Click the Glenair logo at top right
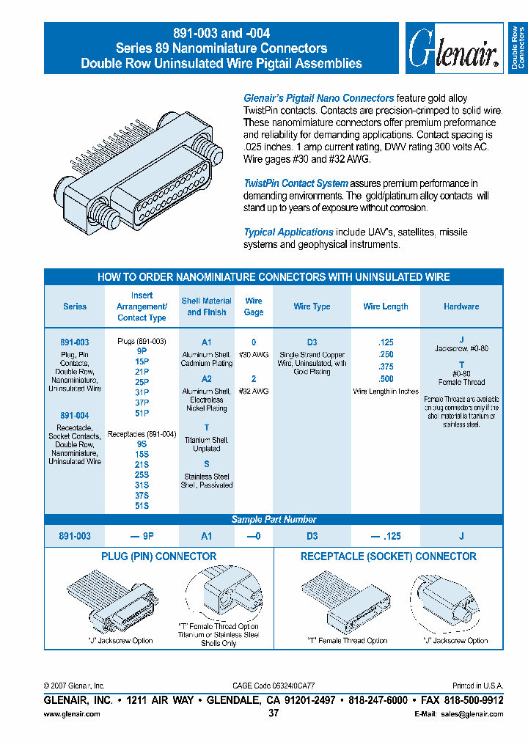pyautogui.click(x=455, y=48)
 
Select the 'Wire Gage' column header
pyautogui.click(x=254, y=306)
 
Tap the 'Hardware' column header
pyautogui.click(x=461, y=306)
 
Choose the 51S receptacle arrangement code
pyautogui.click(x=142, y=506)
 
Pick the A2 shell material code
pyautogui.click(x=207, y=379)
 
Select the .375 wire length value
pyautogui.click(x=386, y=367)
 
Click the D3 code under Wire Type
pyautogui.click(x=312, y=342)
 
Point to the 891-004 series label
pyautogui.click(x=75, y=416)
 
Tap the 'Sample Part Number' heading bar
pyautogui.click(x=274, y=519)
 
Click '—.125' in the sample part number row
pyautogui.click(x=385, y=536)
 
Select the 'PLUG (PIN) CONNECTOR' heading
pyautogui.click(x=158, y=556)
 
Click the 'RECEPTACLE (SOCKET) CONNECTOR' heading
pyautogui.click(x=388, y=556)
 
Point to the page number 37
pyautogui.click(x=274, y=713)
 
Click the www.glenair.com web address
pyautogui.click(x=72, y=713)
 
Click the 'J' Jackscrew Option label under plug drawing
pyautogui.click(x=121, y=640)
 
